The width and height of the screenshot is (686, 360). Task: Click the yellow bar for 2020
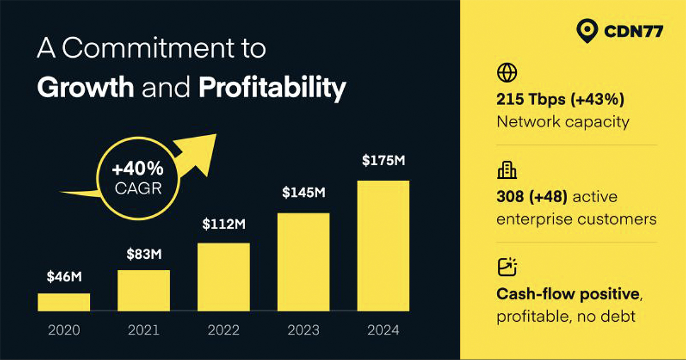63,302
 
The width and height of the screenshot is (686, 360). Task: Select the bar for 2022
224,277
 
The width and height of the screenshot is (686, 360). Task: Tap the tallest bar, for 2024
383,246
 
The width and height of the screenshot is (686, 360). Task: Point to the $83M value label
144,254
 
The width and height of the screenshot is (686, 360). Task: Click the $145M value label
304,193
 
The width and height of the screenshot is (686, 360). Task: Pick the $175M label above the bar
384,161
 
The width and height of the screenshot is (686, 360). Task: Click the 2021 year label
143,330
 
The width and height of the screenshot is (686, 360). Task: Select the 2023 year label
304,330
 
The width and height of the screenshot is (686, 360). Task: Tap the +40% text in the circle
138,169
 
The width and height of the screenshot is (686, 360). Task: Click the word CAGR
138,188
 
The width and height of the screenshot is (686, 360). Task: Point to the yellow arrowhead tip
216,134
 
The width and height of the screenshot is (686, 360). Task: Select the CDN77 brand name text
633,31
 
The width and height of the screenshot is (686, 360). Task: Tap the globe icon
507,73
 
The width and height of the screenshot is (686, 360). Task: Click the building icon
507,170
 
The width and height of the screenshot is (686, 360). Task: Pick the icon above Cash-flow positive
507,267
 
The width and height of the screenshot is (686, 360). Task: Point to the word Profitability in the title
273,88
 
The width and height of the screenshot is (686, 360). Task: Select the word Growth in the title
86,87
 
